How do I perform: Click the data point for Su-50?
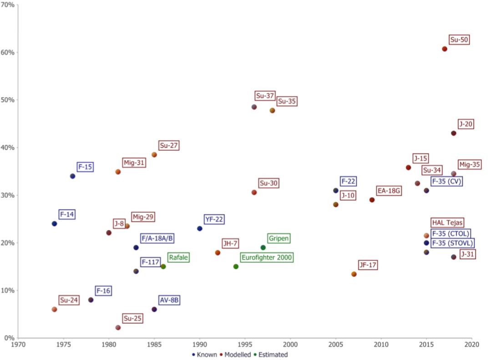[445, 49]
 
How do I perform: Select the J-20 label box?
[466, 124]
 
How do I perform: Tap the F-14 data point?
[55, 223]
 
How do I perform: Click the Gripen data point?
[263, 248]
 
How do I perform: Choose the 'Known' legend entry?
[204, 355]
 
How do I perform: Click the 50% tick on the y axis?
[9, 100]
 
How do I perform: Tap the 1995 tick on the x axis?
[245, 345]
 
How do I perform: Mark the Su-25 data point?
[118, 327]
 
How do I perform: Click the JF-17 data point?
[354, 274]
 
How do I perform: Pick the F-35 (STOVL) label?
[452, 243]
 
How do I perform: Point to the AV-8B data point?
[154, 309]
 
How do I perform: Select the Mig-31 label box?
[134, 162]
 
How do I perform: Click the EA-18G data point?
[372, 200]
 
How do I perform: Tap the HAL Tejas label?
[447, 223]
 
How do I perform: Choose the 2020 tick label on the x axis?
[472, 345]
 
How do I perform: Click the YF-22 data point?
[200, 228]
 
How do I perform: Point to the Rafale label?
[178, 258]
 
